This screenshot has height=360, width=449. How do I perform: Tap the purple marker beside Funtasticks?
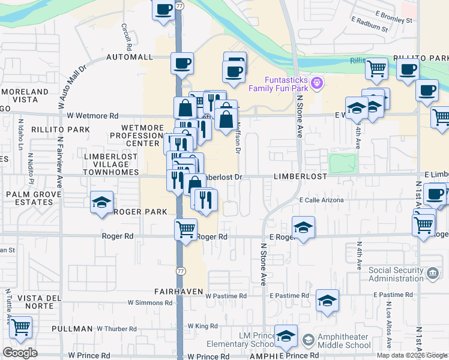[318, 83]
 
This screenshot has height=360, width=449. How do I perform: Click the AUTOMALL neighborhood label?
[130, 57]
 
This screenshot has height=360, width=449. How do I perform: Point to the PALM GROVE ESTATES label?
[30, 199]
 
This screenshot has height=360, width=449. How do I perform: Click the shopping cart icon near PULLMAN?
[20, 328]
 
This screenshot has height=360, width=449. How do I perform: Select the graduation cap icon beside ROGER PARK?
[101, 203]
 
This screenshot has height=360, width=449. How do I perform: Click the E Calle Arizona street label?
[321, 200]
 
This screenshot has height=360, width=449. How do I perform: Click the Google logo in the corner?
[20, 352]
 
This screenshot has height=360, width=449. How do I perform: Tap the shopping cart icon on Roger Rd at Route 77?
[186, 229]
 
